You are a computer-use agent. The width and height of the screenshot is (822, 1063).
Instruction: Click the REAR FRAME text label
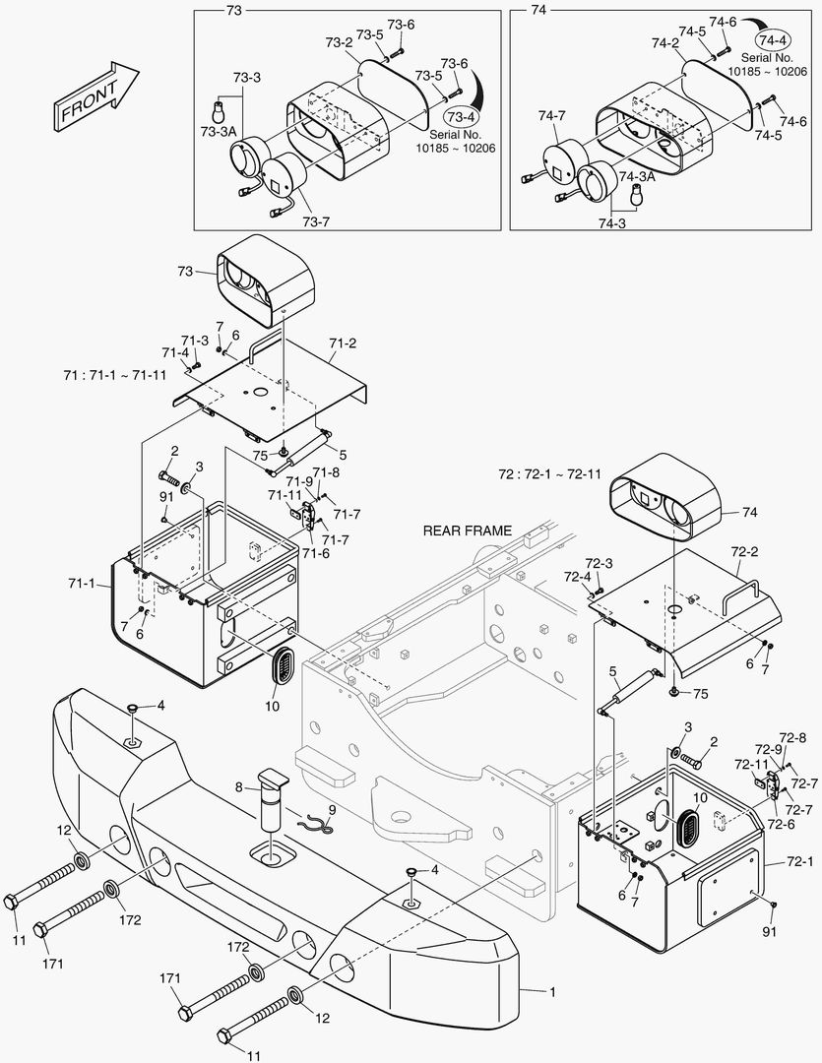(467, 531)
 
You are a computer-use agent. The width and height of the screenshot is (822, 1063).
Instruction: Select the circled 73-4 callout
(459, 116)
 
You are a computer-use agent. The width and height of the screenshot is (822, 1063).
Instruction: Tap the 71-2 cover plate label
(343, 343)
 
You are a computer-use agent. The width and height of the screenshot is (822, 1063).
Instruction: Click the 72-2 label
(745, 553)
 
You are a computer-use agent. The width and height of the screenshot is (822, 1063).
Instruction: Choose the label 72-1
(800, 862)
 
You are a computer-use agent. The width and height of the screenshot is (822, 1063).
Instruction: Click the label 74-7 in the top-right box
(552, 115)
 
